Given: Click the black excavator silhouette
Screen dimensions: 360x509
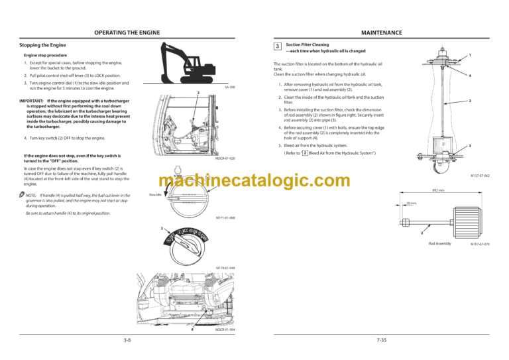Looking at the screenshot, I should (193, 62).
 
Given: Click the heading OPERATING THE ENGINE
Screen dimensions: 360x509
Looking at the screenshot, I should (127, 32).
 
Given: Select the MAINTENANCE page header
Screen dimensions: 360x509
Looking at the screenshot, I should (381, 32).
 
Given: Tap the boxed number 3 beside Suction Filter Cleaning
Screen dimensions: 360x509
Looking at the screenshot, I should (277, 46).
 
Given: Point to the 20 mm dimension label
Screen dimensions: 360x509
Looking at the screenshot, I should (412, 204).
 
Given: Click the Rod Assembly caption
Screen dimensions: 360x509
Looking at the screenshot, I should (439, 244).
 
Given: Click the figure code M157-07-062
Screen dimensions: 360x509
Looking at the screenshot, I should (480, 176).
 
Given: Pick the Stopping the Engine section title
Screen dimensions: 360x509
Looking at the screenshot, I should (42, 45).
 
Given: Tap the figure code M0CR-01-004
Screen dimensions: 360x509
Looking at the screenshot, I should (225, 330).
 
